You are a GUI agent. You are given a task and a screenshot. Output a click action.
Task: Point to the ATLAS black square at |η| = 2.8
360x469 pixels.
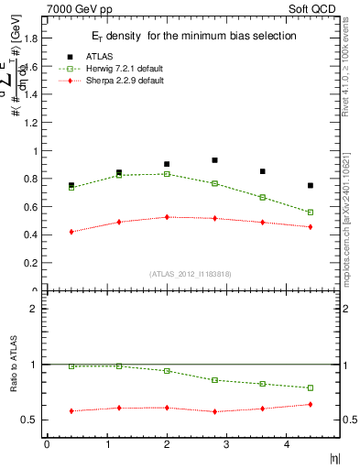[214, 160]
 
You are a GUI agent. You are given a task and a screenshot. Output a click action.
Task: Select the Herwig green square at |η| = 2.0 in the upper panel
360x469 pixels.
[167, 174]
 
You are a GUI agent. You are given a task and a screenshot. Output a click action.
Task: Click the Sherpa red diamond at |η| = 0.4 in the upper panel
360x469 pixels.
[71, 232]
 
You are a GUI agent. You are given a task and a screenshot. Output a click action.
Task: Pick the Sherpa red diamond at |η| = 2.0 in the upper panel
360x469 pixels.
[167, 217]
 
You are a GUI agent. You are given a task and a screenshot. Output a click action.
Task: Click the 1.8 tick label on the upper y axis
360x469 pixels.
[28, 39]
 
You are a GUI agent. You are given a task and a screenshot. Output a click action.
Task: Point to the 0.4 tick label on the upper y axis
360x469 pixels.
[28, 235]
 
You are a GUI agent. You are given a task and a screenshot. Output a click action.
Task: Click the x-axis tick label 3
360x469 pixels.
[227, 445]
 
